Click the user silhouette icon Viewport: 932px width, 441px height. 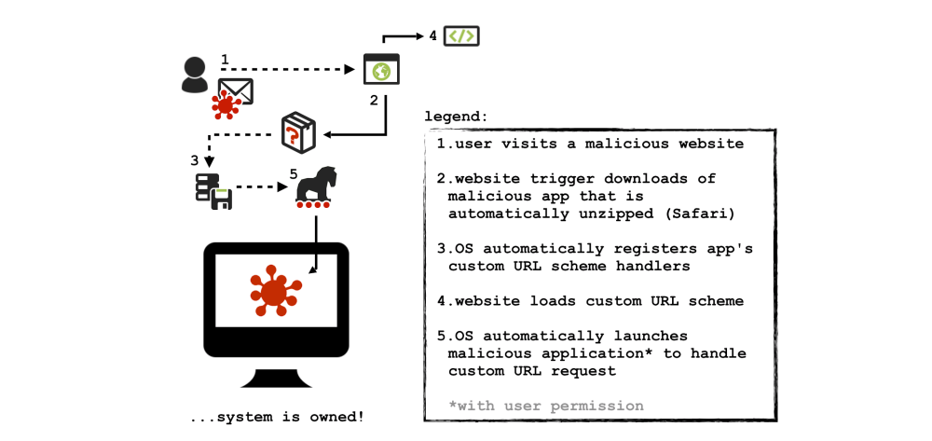[x=195, y=75]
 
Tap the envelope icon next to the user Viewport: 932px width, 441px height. [x=235, y=90]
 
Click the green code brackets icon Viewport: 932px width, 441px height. [x=461, y=36]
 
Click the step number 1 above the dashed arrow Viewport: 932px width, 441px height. [x=225, y=60]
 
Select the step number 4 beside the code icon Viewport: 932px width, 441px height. [x=432, y=36]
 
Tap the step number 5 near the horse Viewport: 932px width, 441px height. [x=294, y=173]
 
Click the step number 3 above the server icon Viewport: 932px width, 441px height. [x=195, y=159]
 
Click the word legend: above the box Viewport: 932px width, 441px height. [x=456, y=117]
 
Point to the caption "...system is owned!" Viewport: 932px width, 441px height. [x=276, y=417]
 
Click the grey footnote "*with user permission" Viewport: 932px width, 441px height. [x=545, y=406]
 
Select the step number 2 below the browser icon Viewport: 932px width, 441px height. [x=374, y=100]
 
